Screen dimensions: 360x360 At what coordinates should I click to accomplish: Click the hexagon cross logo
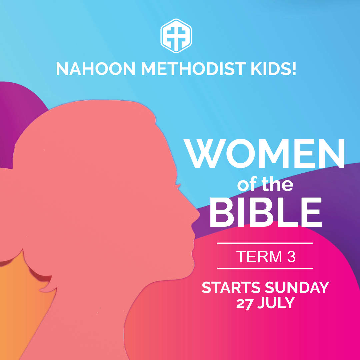176,36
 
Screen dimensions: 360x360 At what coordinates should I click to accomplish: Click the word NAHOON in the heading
96,69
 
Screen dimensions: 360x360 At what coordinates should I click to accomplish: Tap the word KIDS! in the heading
274,69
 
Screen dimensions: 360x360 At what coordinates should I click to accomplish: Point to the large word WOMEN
264,154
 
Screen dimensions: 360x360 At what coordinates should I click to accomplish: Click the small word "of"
247,184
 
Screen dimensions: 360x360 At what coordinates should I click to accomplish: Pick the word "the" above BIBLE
277,184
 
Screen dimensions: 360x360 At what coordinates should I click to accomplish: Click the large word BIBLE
266,212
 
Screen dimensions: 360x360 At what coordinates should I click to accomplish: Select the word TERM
259,256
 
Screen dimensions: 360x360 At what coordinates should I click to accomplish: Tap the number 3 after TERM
291,256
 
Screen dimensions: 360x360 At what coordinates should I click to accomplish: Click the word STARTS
231,287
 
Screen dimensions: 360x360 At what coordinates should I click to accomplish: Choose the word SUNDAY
297,287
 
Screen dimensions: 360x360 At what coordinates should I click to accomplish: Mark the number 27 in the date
245,303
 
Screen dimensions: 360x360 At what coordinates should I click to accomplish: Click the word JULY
276,303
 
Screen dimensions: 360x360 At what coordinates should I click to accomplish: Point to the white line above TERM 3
265,243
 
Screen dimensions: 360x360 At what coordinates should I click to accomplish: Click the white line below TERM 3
265,268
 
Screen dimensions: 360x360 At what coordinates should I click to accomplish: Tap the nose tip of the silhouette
198,214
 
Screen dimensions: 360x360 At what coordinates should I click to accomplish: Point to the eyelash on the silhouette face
178,184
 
